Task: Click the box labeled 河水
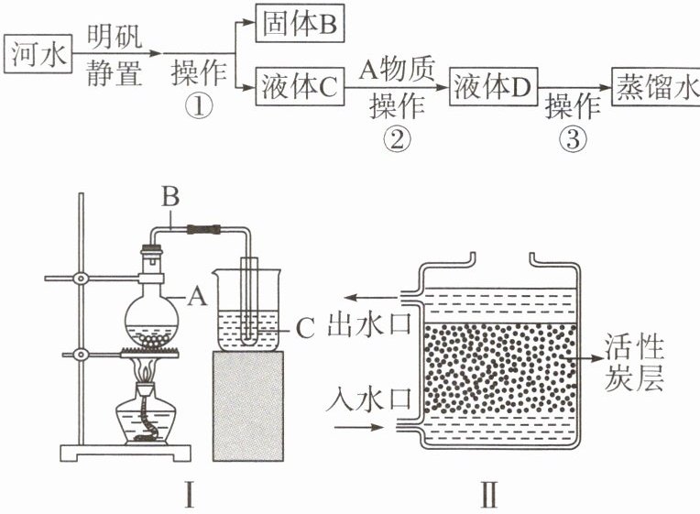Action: click(x=38, y=54)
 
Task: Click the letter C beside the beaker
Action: click(x=307, y=323)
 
